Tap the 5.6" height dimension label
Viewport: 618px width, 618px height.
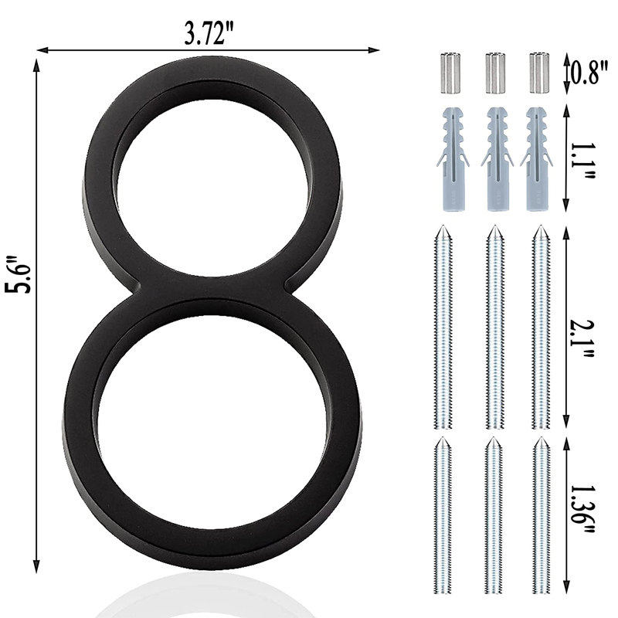(x=18, y=275)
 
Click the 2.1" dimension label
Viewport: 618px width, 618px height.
(x=583, y=338)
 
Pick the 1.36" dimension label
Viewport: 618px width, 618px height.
(x=582, y=508)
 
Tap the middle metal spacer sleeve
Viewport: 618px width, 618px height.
(x=494, y=73)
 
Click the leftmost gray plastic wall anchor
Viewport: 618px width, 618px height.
(x=453, y=159)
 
